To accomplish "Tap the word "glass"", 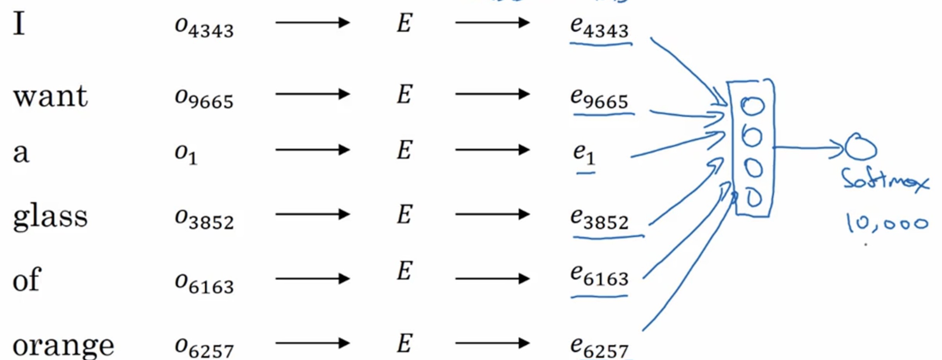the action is point(50,217).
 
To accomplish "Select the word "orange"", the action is point(63,345).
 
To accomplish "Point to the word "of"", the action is point(27,279).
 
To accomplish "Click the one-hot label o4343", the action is point(204,27).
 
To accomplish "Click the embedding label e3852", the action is point(599,219).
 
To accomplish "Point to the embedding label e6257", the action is point(599,347).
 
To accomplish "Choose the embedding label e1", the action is point(584,154).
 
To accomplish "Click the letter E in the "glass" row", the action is point(404,214).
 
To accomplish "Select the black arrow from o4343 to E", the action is point(312,22).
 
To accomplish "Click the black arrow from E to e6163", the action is point(492,278).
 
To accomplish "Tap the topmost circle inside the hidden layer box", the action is point(752,106).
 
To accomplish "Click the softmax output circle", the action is point(861,147).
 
